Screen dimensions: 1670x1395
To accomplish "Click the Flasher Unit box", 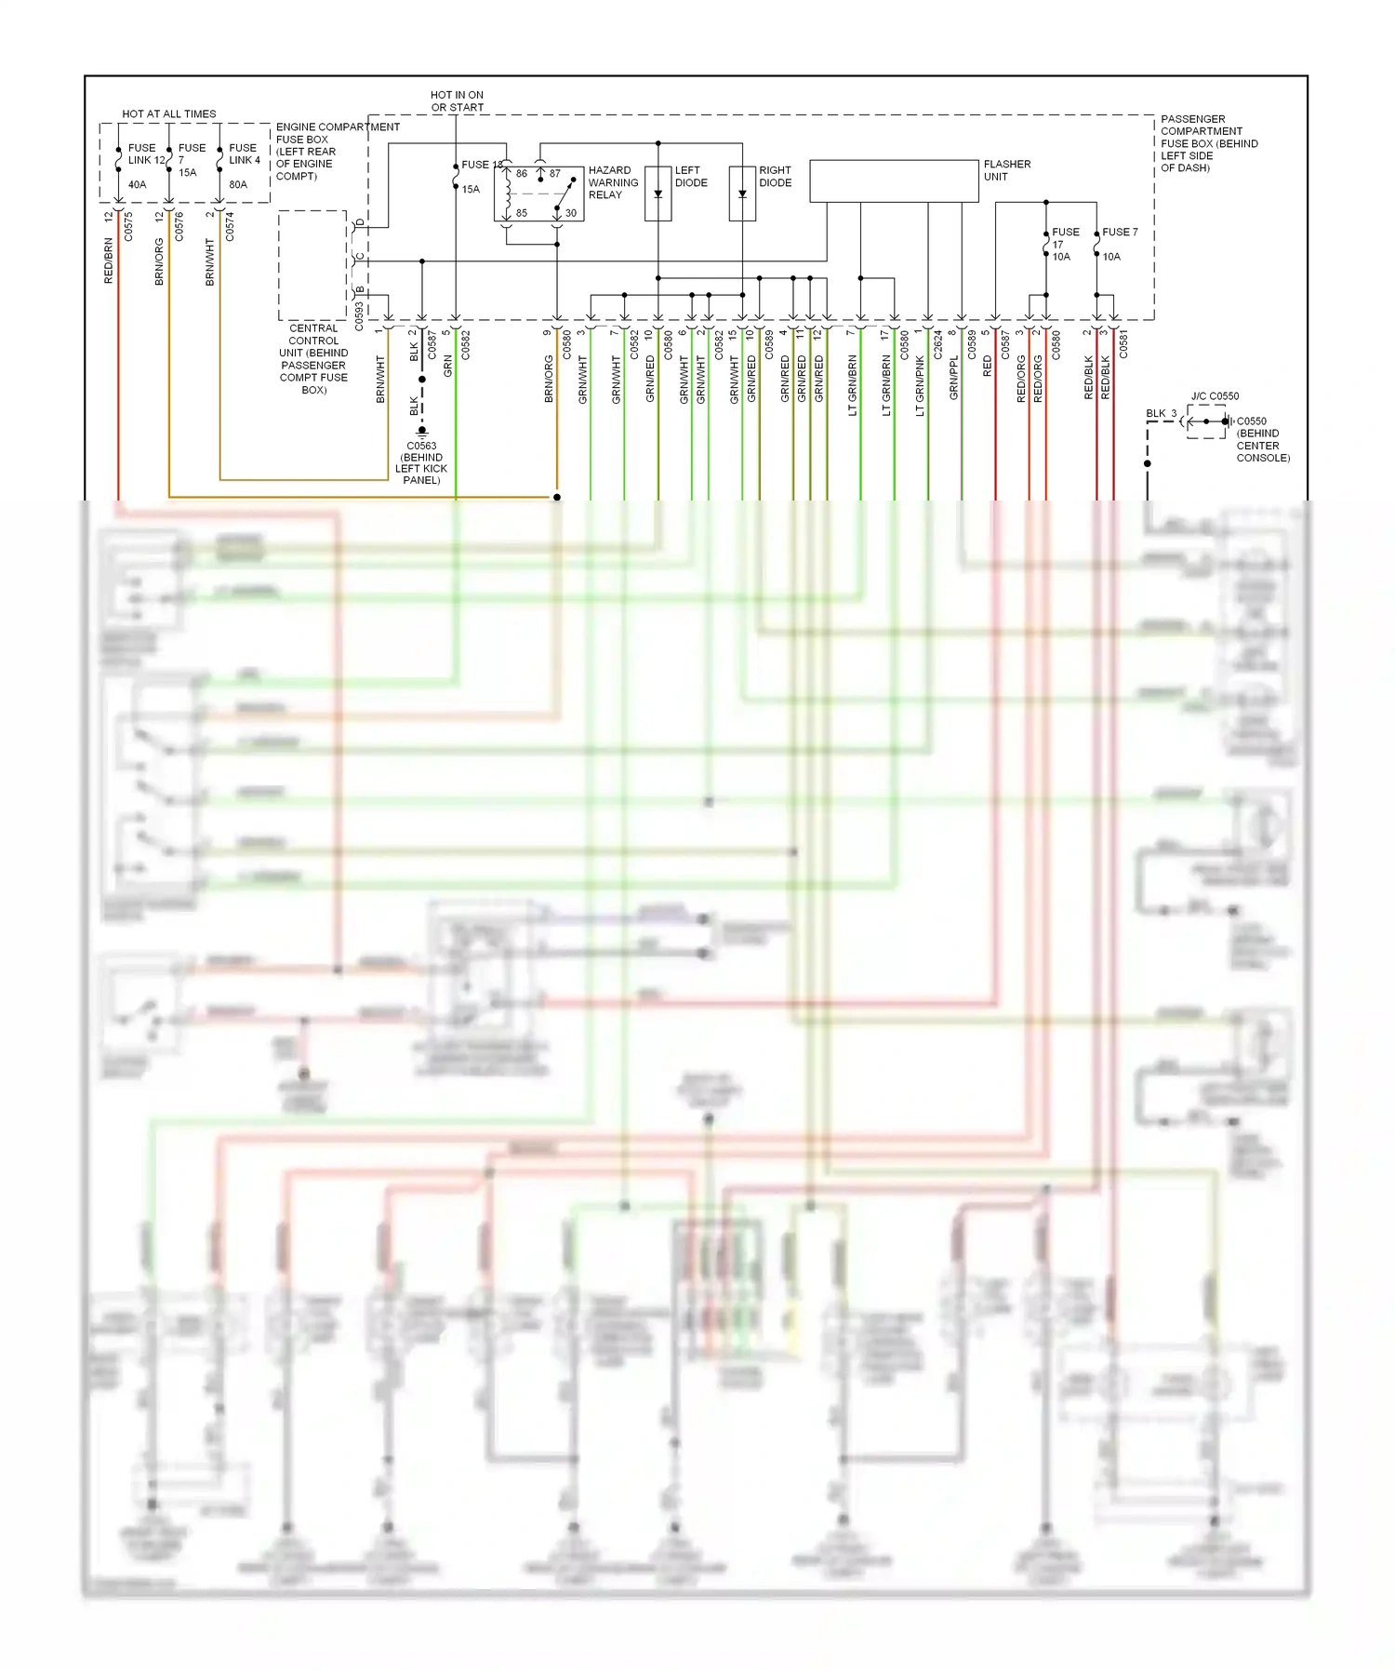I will (894, 180).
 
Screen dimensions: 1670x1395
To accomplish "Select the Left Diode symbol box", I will (658, 194).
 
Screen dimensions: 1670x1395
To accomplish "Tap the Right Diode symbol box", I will (742, 194).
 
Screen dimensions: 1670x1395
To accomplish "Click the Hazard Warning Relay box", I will (538, 194).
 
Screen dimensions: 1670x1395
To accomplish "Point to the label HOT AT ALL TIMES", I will (169, 114).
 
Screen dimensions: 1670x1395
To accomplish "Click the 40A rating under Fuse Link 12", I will (137, 184).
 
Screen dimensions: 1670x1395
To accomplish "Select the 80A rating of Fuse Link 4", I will (238, 184).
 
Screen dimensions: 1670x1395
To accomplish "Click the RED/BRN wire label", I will (109, 261).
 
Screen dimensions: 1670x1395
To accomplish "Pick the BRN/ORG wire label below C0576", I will (159, 261).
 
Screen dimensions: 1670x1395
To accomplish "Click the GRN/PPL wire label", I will (953, 378).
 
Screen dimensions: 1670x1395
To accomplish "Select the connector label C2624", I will (937, 344).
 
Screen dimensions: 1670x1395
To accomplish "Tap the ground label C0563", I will (421, 446).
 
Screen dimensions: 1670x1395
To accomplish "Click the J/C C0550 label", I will (1215, 396).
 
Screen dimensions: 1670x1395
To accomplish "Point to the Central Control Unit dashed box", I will (312, 265).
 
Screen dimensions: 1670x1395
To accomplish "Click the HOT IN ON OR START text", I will (457, 100).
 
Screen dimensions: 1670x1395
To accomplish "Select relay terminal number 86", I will (522, 173).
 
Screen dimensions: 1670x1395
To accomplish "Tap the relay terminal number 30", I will (571, 213).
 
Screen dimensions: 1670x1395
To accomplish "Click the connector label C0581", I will (1123, 344).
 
